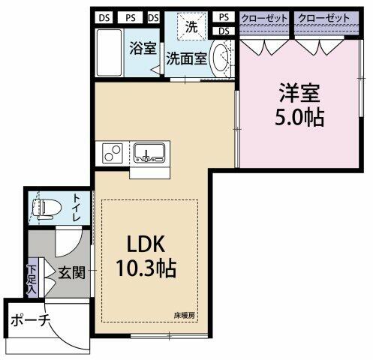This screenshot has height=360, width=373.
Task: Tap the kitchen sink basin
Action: tap(149, 152)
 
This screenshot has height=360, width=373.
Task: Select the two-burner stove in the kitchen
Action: tap(112, 153)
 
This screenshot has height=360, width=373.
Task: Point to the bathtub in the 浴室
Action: tap(110, 52)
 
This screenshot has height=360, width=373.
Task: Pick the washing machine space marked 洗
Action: tap(191, 26)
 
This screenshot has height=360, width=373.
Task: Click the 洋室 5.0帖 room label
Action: tap(299, 105)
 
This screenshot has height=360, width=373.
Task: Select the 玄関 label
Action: tap(71, 272)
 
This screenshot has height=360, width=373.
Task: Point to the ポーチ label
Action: tap(30, 320)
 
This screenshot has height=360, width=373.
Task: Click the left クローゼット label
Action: tap(264, 19)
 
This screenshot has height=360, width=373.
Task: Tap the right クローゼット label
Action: tap(324, 18)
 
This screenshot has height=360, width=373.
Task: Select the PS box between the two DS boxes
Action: tap(131, 18)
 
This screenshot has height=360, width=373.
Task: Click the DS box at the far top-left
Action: tap(104, 18)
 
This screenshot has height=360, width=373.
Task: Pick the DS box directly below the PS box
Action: tap(224, 31)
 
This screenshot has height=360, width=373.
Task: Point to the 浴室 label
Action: tap(143, 48)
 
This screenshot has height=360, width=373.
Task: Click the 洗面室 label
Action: tap(187, 58)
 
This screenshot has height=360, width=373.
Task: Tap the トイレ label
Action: tap(77, 208)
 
